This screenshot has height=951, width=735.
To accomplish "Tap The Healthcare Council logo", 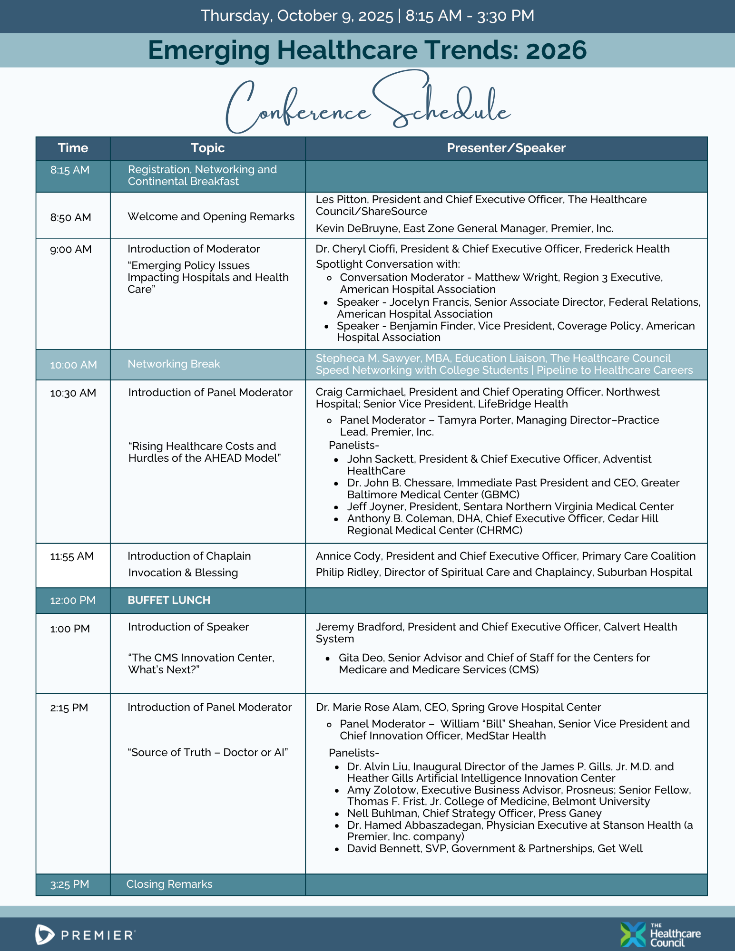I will click(660, 934).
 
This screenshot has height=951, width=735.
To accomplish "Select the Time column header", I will click(73, 148).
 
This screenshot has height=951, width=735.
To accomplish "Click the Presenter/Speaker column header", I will click(506, 148).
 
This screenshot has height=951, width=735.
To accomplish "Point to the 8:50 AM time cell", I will click(70, 217).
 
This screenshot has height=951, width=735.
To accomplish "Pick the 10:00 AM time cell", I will click(73, 365).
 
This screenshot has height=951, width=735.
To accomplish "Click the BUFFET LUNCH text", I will click(169, 600).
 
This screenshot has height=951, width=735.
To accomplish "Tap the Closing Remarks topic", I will click(169, 884).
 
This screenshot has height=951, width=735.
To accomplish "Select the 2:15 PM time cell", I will click(69, 708).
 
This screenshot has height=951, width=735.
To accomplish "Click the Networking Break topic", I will click(174, 364).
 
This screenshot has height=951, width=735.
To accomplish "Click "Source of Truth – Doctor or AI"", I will click(208, 752).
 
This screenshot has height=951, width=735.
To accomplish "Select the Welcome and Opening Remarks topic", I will click(211, 216).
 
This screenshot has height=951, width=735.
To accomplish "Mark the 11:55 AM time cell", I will click(72, 556).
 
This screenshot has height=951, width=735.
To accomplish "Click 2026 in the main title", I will click(556, 50).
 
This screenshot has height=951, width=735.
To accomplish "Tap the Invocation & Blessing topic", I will click(183, 573).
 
